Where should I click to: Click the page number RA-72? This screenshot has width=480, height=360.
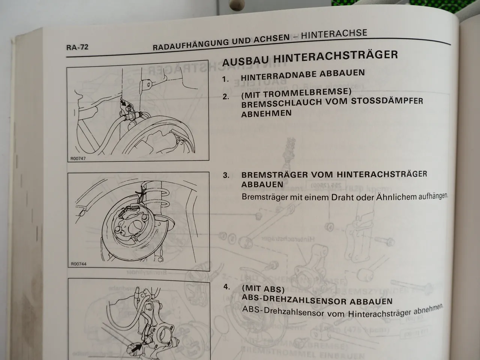point(77,48)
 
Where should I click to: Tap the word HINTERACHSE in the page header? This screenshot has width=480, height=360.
point(334,34)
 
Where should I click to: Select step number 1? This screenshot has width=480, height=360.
point(225,79)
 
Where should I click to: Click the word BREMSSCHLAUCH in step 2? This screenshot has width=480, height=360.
point(280,103)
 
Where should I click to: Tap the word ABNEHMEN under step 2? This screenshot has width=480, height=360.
point(266,114)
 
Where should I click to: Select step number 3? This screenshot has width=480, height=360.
point(226,175)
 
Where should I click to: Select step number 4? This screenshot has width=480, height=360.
point(226,287)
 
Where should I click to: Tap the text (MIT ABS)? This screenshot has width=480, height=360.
point(263,289)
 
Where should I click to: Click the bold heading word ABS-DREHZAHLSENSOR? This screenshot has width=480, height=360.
point(294,300)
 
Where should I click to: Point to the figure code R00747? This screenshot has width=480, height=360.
point(78,159)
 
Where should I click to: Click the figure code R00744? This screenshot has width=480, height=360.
point(78,264)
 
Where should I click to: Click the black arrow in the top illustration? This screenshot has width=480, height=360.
point(123,103)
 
